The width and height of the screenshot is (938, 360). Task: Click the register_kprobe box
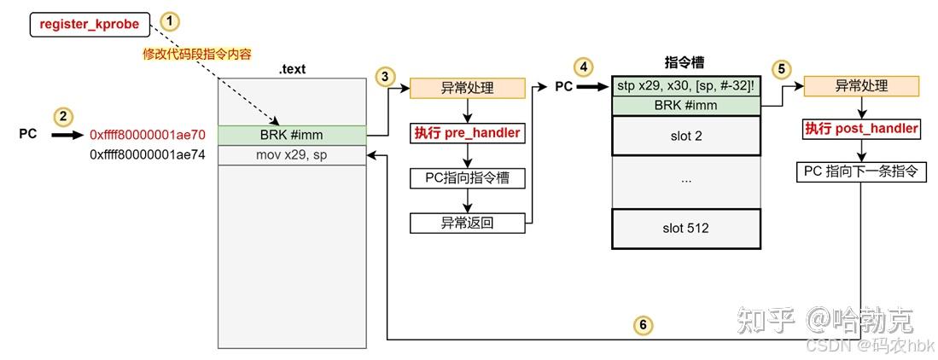click(x=89, y=25)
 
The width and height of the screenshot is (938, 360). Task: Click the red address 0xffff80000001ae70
click(x=148, y=135)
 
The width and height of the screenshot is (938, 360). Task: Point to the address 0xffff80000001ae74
click(x=148, y=155)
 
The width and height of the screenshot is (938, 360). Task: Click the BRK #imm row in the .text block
click(x=291, y=135)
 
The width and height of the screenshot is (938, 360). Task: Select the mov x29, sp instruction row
click(x=291, y=155)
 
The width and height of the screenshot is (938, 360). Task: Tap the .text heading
click(x=291, y=69)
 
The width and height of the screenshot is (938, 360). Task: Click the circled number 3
click(x=385, y=76)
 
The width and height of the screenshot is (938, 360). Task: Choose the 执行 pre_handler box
click(x=467, y=133)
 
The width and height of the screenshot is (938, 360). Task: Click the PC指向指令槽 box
click(x=467, y=178)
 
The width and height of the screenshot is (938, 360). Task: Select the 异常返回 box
click(x=467, y=224)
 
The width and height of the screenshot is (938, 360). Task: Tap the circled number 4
click(x=583, y=67)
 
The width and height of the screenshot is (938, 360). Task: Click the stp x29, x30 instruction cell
click(x=685, y=86)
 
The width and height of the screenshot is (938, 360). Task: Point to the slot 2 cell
click(x=685, y=136)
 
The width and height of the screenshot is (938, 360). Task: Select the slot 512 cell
click(x=685, y=228)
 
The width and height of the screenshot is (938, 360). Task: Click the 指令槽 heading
click(x=684, y=61)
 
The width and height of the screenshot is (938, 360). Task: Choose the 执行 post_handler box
click(x=861, y=129)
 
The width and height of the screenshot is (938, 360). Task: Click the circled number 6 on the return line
click(x=643, y=323)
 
